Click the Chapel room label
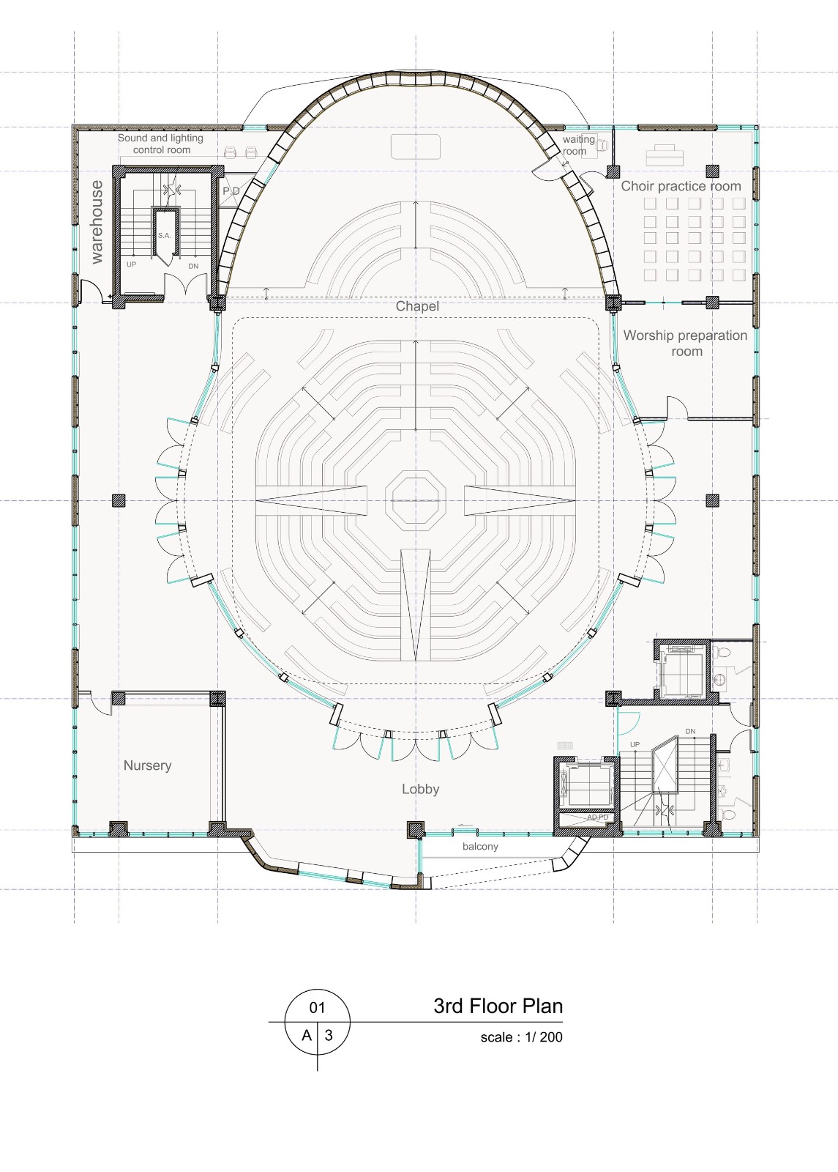pyautogui.click(x=417, y=305)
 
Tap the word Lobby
pyautogui.click(x=420, y=789)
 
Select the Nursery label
pyautogui.click(x=147, y=765)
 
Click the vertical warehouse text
pyautogui.click(x=97, y=221)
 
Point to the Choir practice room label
pyautogui.click(x=681, y=186)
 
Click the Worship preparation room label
pyautogui.click(x=685, y=343)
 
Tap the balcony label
pyautogui.click(x=480, y=846)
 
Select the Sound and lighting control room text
pyautogui.click(x=161, y=144)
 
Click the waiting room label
pyautogui.click(x=577, y=145)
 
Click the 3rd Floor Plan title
pyautogui.click(x=498, y=1006)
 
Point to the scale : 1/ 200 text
pyautogui.click(x=521, y=1037)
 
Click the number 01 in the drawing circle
pyautogui.click(x=317, y=1008)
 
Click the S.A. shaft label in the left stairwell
pyautogui.click(x=164, y=236)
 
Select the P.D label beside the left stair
pyautogui.click(x=231, y=191)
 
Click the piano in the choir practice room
pyautogui.click(x=665, y=155)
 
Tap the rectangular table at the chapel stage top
pyautogui.click(x=416, y=146)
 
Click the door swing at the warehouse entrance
pyautogui.click(x=91, y=293)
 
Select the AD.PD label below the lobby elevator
pyautogui.click(x=597, y=817)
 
